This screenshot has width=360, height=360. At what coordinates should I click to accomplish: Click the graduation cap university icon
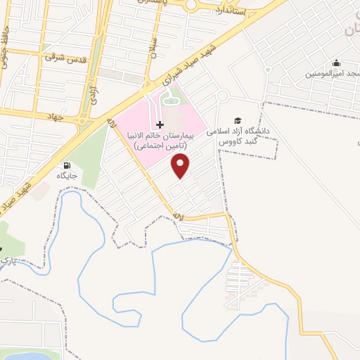click(238, 120)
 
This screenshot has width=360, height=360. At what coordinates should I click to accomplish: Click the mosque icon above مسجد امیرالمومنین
click(336, 63)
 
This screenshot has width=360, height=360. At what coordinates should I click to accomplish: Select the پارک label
click(6, 261)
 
